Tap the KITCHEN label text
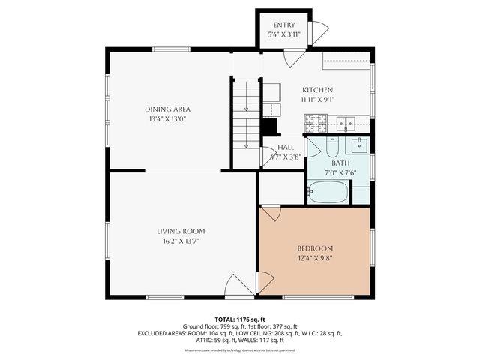click(x=317, y=89)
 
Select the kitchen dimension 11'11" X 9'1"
click(x=317, y=98)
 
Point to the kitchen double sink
click(x=346, y=122)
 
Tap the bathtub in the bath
click(x=328, y=193)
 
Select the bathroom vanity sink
click(x=358, y=144)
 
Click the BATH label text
click(x=340, y=163)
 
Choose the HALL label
click(x=286, y=148)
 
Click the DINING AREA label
click(x=167, y=109)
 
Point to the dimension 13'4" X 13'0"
click(x=167, y=118)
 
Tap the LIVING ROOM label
click(x=181, y=231)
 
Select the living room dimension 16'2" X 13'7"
click(x=181, y=241)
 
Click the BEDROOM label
click(x=315, y=248)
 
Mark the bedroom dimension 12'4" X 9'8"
click(x=315, y=258)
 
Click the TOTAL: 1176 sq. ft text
click(x=240, y=319)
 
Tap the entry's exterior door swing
click(x=319, y=32)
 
